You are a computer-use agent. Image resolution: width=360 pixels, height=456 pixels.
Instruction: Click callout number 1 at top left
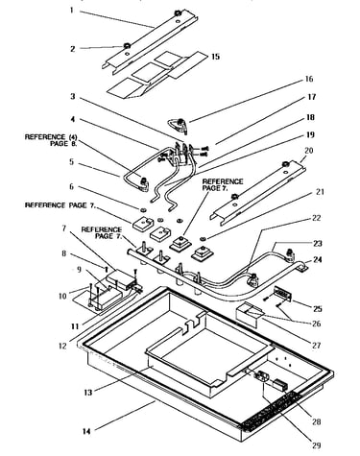point(72,11)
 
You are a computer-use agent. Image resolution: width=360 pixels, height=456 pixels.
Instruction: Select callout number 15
point(216,57)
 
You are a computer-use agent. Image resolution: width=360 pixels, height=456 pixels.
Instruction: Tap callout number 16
point(309,79)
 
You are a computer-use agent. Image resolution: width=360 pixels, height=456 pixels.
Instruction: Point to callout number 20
point(309,151)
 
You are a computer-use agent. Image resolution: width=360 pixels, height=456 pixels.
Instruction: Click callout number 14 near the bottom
point(86,431)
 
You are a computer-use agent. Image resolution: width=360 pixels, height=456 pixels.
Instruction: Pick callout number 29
point(316,445)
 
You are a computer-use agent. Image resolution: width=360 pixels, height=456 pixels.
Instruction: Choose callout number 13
point(88,393)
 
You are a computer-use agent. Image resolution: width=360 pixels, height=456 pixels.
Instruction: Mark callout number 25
point(317,309)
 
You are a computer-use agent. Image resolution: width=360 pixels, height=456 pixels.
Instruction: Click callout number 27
point(316,346)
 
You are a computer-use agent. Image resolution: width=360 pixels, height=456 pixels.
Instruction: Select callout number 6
point(72,186)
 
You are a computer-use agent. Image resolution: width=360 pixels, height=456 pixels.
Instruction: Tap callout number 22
point(316,218)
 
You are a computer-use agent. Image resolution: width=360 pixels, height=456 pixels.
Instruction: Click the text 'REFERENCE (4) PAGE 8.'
point(51,140)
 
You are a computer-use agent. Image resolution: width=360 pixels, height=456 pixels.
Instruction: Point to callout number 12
point(63,346)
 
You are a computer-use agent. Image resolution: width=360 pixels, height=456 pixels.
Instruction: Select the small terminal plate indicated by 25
point(281,295)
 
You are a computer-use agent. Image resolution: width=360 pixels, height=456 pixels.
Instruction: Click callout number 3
point(73,96)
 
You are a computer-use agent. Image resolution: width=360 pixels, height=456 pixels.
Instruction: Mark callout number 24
point(317,259)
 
